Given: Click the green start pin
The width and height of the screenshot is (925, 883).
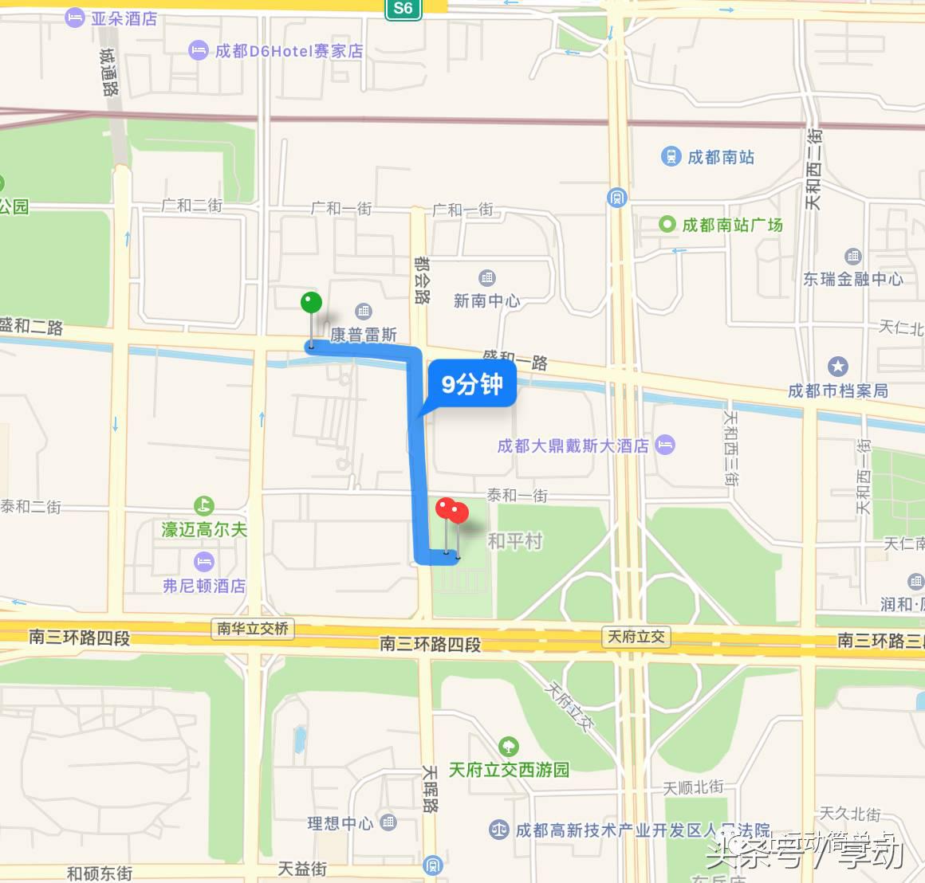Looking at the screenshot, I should (311, 304).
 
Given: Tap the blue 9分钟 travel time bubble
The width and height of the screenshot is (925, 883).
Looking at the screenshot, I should (472, 385).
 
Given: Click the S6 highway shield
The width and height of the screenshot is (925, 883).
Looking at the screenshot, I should (403, 9).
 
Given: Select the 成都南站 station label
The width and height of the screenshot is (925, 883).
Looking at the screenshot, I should (720, 157).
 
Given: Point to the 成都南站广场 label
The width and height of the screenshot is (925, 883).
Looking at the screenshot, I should (732, 225).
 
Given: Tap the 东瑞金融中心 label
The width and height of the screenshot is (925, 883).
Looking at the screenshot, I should (852, 278).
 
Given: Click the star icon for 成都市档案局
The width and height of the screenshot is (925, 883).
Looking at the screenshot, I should (837, 367).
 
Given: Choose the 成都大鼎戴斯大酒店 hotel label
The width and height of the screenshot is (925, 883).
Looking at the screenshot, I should (573, 445).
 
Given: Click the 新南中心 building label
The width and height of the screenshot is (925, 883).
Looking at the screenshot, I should (486, 300).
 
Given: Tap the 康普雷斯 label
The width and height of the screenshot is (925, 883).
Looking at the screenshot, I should (364, 335).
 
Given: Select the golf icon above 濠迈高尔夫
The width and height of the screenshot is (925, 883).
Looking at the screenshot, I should (203, 505).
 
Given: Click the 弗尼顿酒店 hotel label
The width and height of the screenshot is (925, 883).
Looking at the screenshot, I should (204, 586).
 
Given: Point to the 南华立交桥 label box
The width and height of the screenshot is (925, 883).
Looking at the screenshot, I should (253, 629).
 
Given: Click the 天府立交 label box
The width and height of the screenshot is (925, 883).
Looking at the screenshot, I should (636, 636).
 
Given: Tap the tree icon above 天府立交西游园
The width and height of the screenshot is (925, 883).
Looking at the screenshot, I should (508, 747).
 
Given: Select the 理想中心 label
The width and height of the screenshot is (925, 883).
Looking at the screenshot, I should (340, 823).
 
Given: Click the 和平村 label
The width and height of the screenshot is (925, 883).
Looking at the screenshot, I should (514, 541).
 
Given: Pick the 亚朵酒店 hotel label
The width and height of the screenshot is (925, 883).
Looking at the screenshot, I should (124, 18).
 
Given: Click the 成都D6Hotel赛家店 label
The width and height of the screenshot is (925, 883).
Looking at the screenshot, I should (289, 51).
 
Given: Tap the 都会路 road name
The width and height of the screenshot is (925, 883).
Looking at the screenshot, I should (422, 280).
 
